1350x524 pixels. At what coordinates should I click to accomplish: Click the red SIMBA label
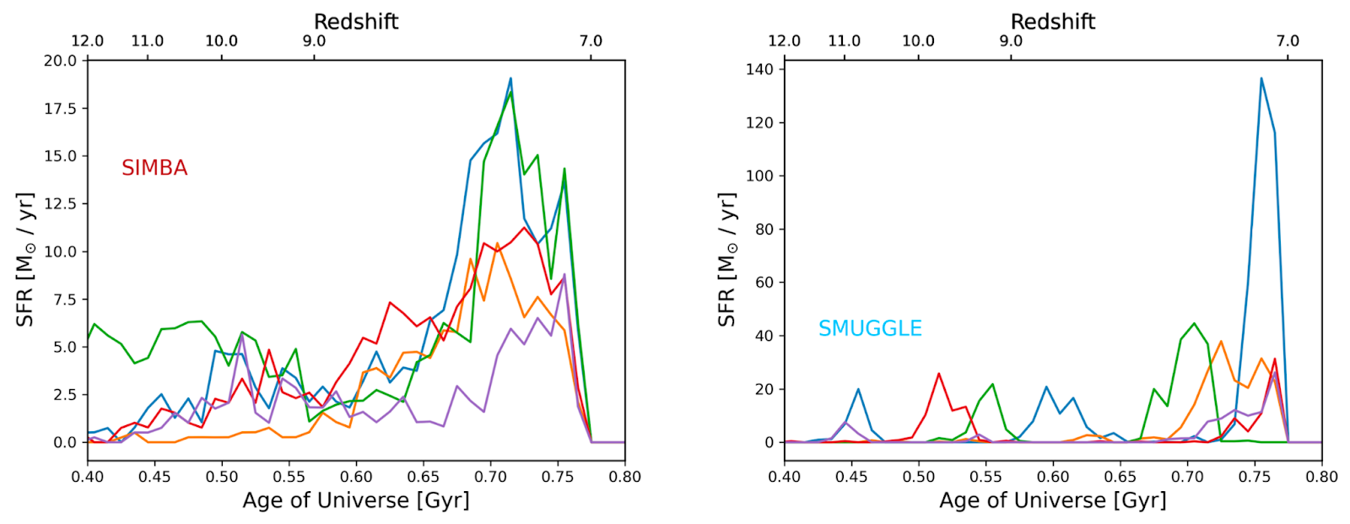[154, 168]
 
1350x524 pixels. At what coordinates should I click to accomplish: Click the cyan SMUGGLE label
[870, 328]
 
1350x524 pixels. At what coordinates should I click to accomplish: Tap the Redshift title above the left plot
[356, 21]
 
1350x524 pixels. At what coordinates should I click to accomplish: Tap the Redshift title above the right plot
[1053, 21]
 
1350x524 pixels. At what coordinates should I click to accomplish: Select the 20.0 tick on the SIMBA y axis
[60, 61]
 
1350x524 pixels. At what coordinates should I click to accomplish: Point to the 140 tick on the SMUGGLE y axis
[759, 69]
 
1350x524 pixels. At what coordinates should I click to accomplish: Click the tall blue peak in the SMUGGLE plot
[1261, 79]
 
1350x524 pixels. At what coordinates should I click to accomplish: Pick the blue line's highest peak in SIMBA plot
[510, 78]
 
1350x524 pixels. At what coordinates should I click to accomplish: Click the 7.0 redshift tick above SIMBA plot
[591, 41]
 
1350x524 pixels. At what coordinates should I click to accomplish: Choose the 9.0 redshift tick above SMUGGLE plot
[1011, 41]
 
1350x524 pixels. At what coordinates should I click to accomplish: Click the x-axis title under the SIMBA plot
[356, 500]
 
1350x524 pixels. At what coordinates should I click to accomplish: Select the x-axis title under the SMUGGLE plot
[1053, 500]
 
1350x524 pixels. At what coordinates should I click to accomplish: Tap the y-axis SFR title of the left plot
[25, 259]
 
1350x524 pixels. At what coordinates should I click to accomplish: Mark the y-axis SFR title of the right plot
[726, 259]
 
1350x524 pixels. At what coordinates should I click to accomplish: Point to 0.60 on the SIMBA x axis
[356, 477]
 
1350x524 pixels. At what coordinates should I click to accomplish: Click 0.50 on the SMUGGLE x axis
[919, 477]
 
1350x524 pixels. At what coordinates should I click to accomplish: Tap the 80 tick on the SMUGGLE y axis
[763, 230]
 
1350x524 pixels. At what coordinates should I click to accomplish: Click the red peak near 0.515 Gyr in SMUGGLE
[938, 374]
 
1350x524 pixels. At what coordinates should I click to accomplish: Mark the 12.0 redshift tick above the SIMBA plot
[88, 41]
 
